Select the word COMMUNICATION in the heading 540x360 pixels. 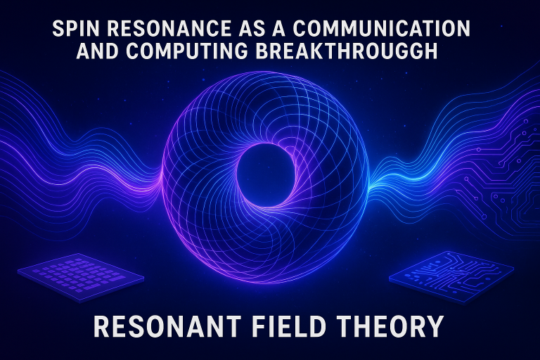[x=382, y=28]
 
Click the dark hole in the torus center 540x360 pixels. [x=266, y=175]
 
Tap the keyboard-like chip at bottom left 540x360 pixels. [x=81, y=277]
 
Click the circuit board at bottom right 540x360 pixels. [x=451, y=276]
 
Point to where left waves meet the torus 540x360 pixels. [x=161, y=176]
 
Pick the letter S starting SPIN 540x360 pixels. [x=58, y=28]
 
